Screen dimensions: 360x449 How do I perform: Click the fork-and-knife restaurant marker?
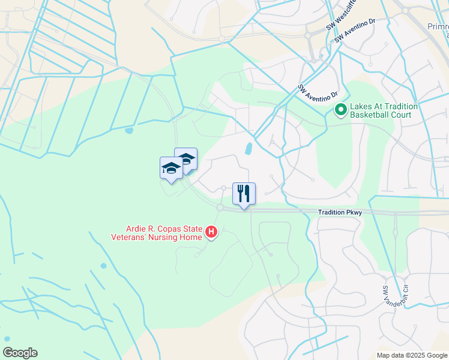(x=244, y=193)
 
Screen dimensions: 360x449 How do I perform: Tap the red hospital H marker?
(x=211, y=231)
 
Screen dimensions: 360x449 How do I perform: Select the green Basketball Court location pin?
(x=340, y=110)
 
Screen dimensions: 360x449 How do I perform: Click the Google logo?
(x=20, y=353)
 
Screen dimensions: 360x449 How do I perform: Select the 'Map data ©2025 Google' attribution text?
(x=412, y=355)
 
